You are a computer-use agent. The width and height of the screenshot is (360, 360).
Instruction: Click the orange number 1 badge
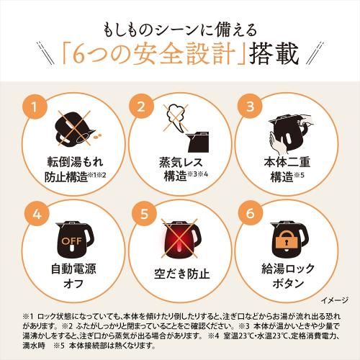[x=35, y=107]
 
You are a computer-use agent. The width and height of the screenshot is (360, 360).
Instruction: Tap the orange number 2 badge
[x=141, y=107]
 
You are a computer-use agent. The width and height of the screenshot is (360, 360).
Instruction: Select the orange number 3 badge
[x=250, y=106]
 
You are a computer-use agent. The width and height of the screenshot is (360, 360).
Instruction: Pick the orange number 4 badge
[x=37, y=213]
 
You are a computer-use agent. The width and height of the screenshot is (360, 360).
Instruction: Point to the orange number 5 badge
[x=144, y=213]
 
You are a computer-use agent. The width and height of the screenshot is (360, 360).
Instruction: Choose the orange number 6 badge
[x=251, y=212]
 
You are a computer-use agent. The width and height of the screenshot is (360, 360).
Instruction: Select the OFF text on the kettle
[x=71, y=240]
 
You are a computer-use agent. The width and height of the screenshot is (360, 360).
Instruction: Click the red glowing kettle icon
[x=181, y=239]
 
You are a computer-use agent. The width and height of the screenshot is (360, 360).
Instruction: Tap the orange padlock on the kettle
[x=286, y=240]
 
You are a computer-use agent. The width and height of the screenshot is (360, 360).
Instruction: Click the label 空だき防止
[x=182, y=274]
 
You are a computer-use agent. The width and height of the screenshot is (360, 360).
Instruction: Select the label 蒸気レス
[x=181, y=163]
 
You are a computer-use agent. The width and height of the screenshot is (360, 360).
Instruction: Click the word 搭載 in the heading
[x=274, y=53]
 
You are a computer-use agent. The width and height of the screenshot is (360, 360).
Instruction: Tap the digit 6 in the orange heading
[x=79, y=55]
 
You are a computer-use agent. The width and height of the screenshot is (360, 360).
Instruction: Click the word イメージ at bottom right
[x=334, y=300]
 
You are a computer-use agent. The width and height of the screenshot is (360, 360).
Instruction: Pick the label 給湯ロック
[x=288, y=269]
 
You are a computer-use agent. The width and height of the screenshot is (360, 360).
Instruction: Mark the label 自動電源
[x=73, y=269]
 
